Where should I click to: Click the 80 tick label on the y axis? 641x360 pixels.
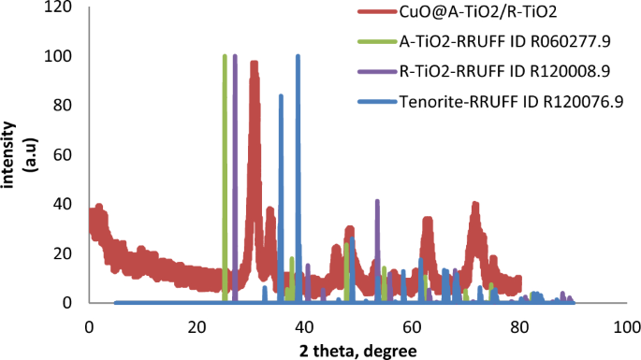pyautogui.click(x=65, y=106)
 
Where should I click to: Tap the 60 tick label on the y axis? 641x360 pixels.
pyautogui.click(x=65, y=155)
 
